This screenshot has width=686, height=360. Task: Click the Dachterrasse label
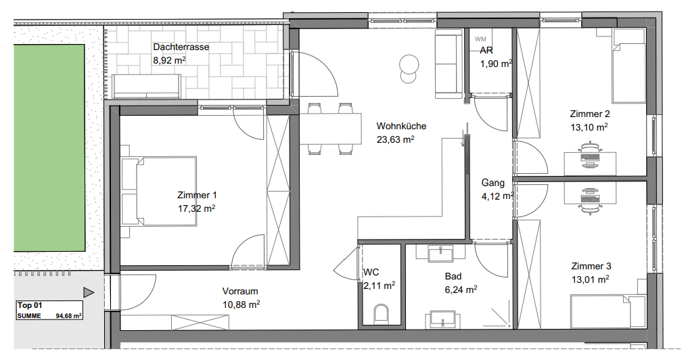pyautogui.click(x=181, y=47)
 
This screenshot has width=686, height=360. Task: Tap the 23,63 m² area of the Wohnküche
pyautogui.click(x=395, y=139)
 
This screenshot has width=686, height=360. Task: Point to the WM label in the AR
pyautogui.click(x=480, y=39)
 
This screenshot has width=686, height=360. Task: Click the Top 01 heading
pyautogui.click(x=30, y=305)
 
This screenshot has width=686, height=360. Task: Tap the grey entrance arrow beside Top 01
pyautogui.click(x=89, y=292)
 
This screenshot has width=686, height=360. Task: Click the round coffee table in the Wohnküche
pyautogui.click(x=409, y=68)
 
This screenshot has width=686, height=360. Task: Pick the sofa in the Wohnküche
pyautogui.click(x=449, y=64)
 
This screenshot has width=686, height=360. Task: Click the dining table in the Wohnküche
pyautogui.click(x=330, y=129)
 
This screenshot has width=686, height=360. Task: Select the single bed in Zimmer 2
pyautogui.click(x=628, y=66)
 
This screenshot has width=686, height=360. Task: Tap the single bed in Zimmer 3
pyautogui.click(x=608, y=311)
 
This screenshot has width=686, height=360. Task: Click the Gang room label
pyautogui.click(x=493, y=183)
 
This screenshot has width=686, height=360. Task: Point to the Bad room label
pyautogui.click(x=453, y=277)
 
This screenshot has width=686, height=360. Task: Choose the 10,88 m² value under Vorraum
pyautogui.click(x=241, y=305)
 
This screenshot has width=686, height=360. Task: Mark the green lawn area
pyautogui.click(x=49, y=148)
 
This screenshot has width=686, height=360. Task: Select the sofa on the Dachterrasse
pyautogui.click(x=146, y=86)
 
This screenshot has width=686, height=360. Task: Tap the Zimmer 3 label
pyautogui.click(x=591, y=266)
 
